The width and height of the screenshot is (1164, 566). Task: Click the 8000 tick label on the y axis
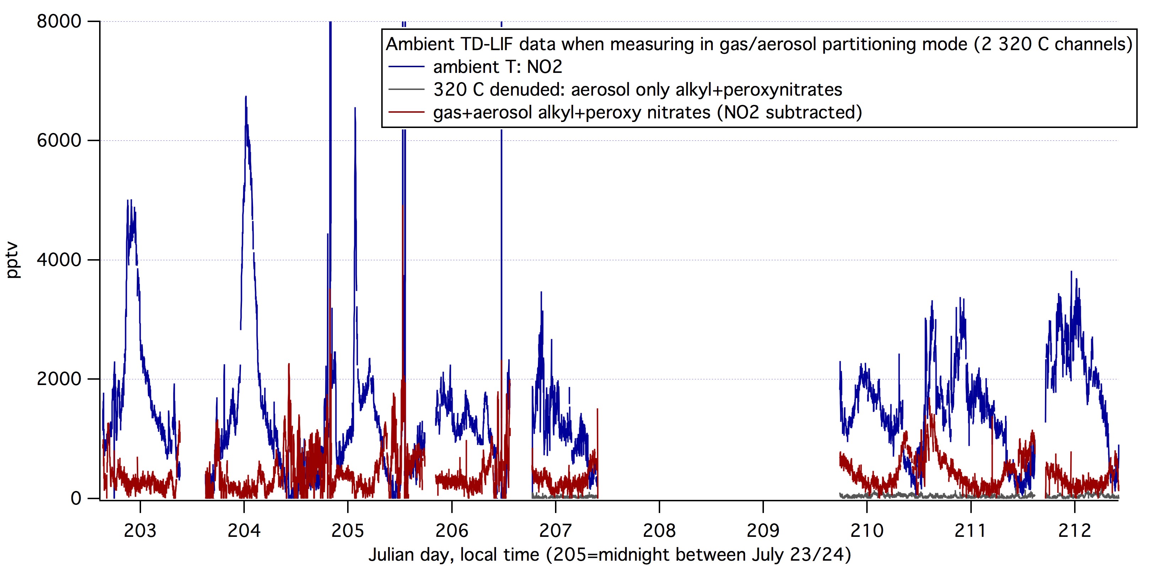pyautogui.click(x=59, y=21)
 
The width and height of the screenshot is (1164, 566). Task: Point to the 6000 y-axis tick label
pyautogui.click(x=59, y=140)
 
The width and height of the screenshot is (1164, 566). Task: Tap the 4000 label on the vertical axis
pyautogui.click(x=59, y=260)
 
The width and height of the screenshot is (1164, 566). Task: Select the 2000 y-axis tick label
pyautogui.click(x=59, y=379)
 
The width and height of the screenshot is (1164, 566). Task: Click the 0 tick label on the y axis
pyautogui.click(x=76, y=498)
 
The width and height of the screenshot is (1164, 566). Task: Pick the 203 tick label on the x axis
pyautogui.click(x=140, y=530)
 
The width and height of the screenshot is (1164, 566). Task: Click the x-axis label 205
pyautogui.click(x=347, y=530)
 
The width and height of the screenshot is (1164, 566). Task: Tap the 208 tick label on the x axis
pyautogui.click(x=659, y=530)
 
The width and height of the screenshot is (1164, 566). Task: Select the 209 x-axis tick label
pyautogui.click(x=763, y=530)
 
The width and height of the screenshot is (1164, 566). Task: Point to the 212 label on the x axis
pyautogui.click(x=1074, y=530)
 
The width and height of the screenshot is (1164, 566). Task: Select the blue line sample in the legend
pyautogui.click(x=406, y=67)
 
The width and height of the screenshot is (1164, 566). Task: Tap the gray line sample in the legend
pyautogui.click(x=406, y=90)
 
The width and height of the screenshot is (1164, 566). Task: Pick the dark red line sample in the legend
pyautogui.click(x=406, y=112)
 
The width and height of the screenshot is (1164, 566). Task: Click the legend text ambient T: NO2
pyautogui.click(x=497, y=67)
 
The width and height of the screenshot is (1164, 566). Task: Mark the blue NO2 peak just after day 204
pyautogui.click(x=246, y=97)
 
